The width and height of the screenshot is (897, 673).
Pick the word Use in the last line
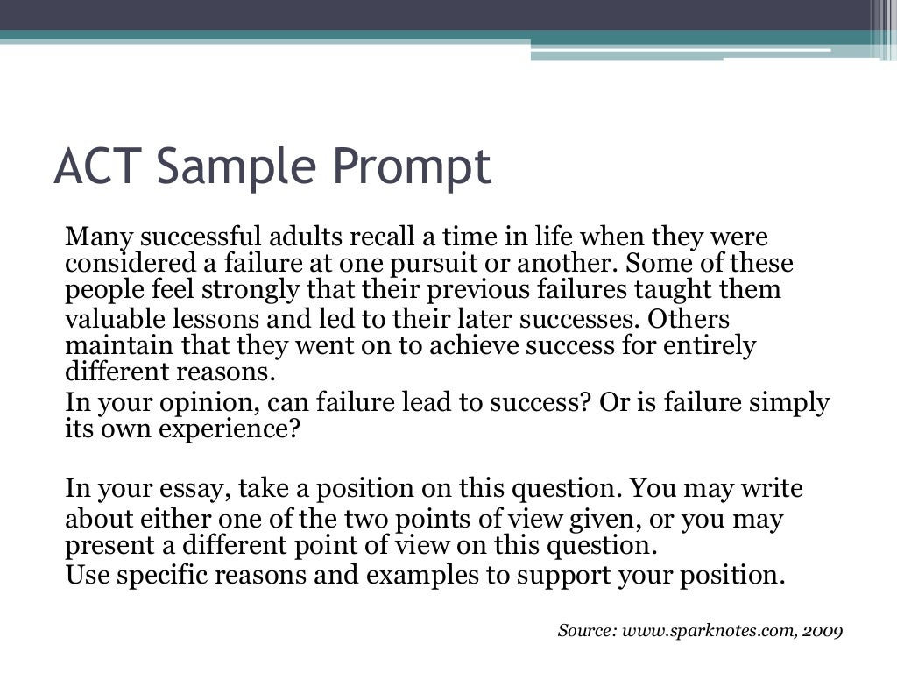click(86, 575)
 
